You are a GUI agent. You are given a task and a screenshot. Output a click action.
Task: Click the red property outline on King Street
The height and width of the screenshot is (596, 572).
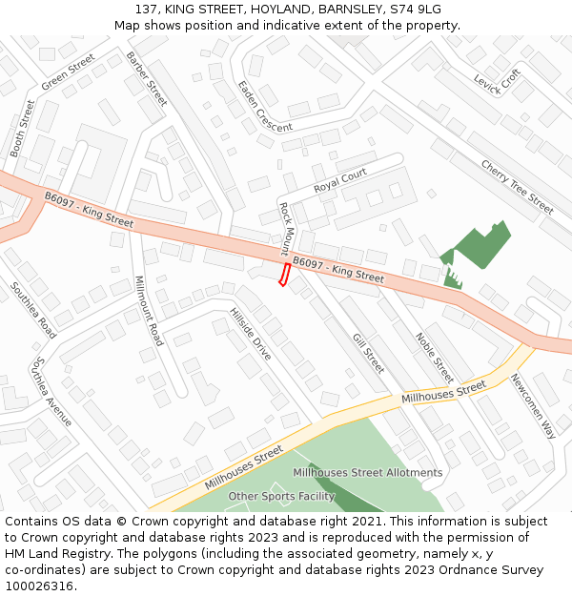[283, 275]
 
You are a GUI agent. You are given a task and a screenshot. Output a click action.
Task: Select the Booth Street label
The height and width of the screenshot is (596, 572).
[22, 128]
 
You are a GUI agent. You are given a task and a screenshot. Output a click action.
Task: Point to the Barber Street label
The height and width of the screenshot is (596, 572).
[146, 78]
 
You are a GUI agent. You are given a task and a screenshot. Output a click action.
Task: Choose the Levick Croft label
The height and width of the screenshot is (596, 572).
[498, 82]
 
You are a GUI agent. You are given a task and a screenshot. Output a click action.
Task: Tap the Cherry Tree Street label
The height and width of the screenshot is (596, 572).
[517, 186]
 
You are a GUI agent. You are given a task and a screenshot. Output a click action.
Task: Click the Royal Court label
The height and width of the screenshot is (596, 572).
[340, 179]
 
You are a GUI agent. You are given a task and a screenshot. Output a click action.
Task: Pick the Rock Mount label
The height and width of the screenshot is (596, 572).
[284, 229]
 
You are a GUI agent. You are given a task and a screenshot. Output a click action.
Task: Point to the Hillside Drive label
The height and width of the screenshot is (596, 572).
[251, 334]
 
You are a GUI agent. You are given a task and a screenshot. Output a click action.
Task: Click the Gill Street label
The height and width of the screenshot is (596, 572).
[367, 353]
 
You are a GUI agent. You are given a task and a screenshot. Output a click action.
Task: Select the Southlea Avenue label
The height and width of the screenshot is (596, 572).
[51, 392]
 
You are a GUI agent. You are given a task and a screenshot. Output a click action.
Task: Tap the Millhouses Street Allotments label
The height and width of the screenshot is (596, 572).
[367, 472]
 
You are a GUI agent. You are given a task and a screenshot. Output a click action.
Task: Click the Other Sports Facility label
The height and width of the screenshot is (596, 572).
[280, 496]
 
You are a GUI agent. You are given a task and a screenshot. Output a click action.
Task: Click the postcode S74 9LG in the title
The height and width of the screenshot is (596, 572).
[415, 10]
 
